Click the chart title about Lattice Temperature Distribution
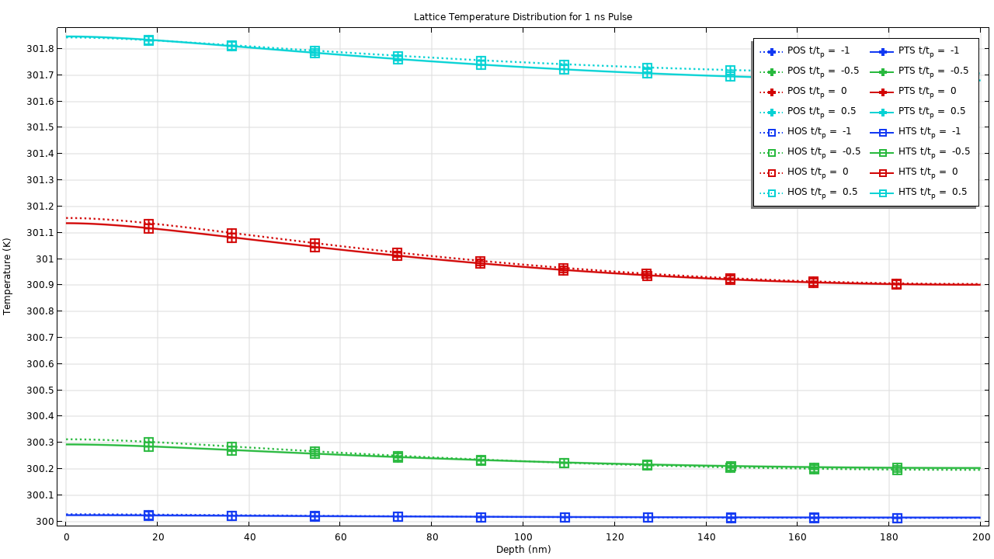pos(523,17)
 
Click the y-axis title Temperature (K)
pos(8,276)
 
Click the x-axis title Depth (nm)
pos(523,550)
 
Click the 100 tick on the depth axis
pos(523,536)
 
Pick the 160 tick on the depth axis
pos(798,536)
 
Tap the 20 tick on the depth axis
pos(157,536)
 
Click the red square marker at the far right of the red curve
pos(896,284)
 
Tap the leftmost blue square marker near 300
pos(148,516)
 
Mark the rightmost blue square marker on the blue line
pos(897,518)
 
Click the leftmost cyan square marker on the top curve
pos(148,40)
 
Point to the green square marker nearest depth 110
pos(564,463)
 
